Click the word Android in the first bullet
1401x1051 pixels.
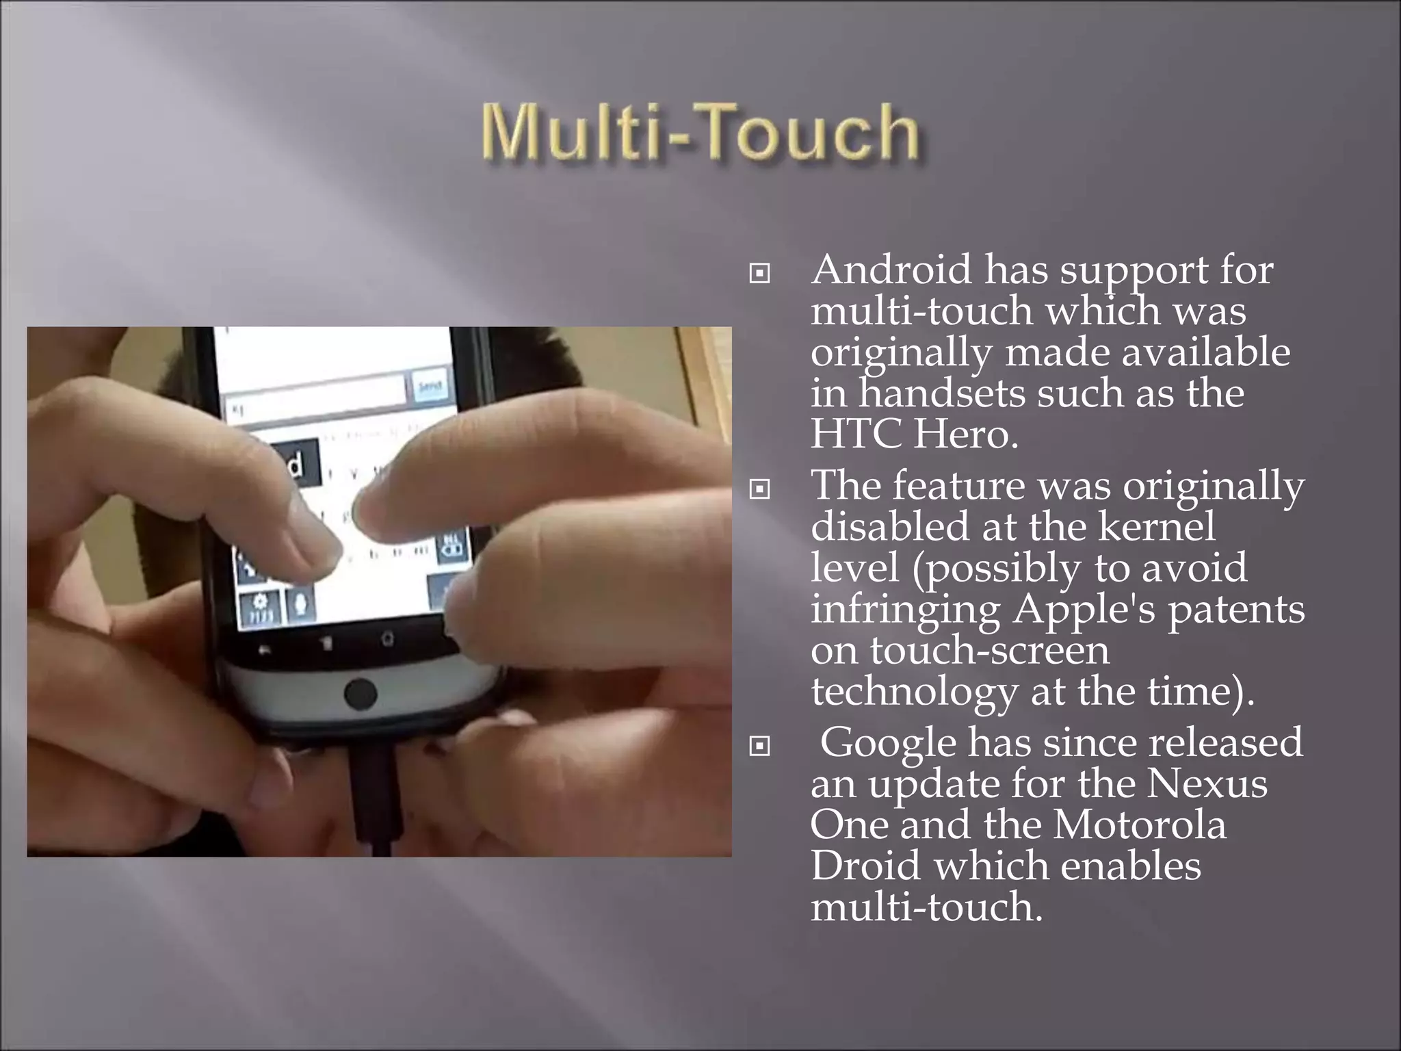891,270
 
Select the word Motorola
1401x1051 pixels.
1139,825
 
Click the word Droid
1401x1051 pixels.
865,866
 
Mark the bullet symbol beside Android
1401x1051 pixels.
759,274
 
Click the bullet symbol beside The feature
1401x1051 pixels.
759,489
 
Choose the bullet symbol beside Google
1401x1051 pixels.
759,747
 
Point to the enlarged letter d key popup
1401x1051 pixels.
296,465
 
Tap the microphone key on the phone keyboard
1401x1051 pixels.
299,605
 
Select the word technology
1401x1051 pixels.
913,692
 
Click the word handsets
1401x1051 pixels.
943,393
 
